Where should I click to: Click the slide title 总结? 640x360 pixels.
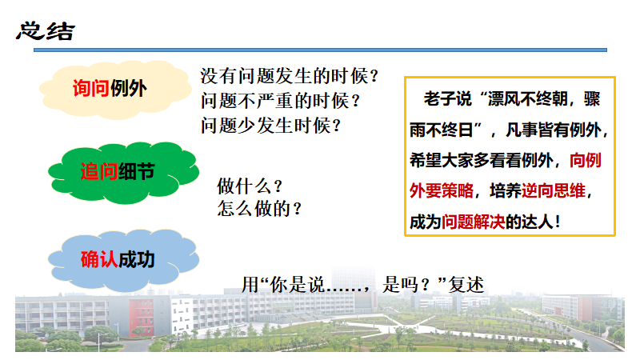coord(46,31)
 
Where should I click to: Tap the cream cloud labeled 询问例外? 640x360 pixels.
coord(115,90)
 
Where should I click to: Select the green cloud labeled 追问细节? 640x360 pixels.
coord(123,173)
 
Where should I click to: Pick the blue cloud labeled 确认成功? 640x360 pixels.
coord(123,260)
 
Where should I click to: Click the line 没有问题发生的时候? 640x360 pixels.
coord(290,76)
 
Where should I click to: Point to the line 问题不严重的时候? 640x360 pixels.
coord(280,101)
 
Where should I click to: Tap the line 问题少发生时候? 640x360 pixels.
coord(270,126)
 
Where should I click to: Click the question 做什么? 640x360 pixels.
coord(250,186)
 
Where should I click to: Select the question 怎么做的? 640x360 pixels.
coord(259,209)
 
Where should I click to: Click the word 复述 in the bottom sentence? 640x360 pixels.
coord(466,285)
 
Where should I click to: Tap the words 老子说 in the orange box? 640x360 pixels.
coord(447,99)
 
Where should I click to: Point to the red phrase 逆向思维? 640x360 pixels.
coord(554,190)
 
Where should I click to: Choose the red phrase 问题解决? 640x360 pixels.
coord(474,222)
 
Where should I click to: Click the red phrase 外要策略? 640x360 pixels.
coord(442,190)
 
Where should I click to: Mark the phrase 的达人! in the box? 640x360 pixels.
coord(534,222)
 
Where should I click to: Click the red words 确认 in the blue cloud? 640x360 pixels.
coord(99,259)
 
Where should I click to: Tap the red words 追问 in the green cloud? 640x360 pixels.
coord(99,171)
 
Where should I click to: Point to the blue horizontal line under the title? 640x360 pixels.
coord(321,50)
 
